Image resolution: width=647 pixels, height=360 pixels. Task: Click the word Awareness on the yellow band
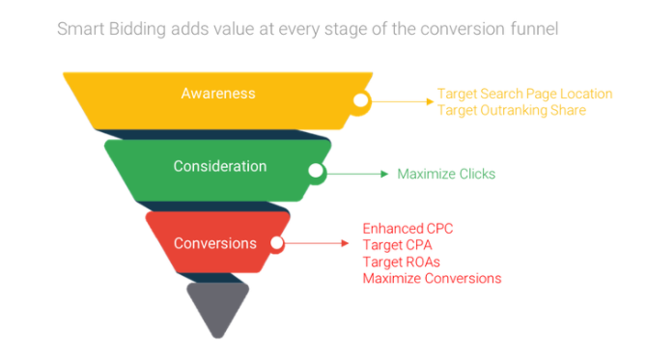[217, 94]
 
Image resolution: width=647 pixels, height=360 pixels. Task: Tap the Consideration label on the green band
[219, 167]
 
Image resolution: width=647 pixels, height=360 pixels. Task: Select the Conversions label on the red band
[214, 243]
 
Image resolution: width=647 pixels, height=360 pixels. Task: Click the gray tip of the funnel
[219, 307]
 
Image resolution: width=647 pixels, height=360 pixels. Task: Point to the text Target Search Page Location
[524, 94]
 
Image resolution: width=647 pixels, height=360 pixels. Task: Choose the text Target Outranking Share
[511, 110]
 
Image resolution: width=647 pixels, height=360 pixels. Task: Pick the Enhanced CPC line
[407, 229]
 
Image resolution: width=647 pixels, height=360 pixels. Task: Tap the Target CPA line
[397, 245]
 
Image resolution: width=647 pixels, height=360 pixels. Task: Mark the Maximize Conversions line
[432, 278]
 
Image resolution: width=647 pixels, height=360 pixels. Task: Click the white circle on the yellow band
[360, 99]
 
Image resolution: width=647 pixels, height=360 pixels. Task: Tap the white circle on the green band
[315, 173]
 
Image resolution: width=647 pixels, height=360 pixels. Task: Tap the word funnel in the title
[530, 30]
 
